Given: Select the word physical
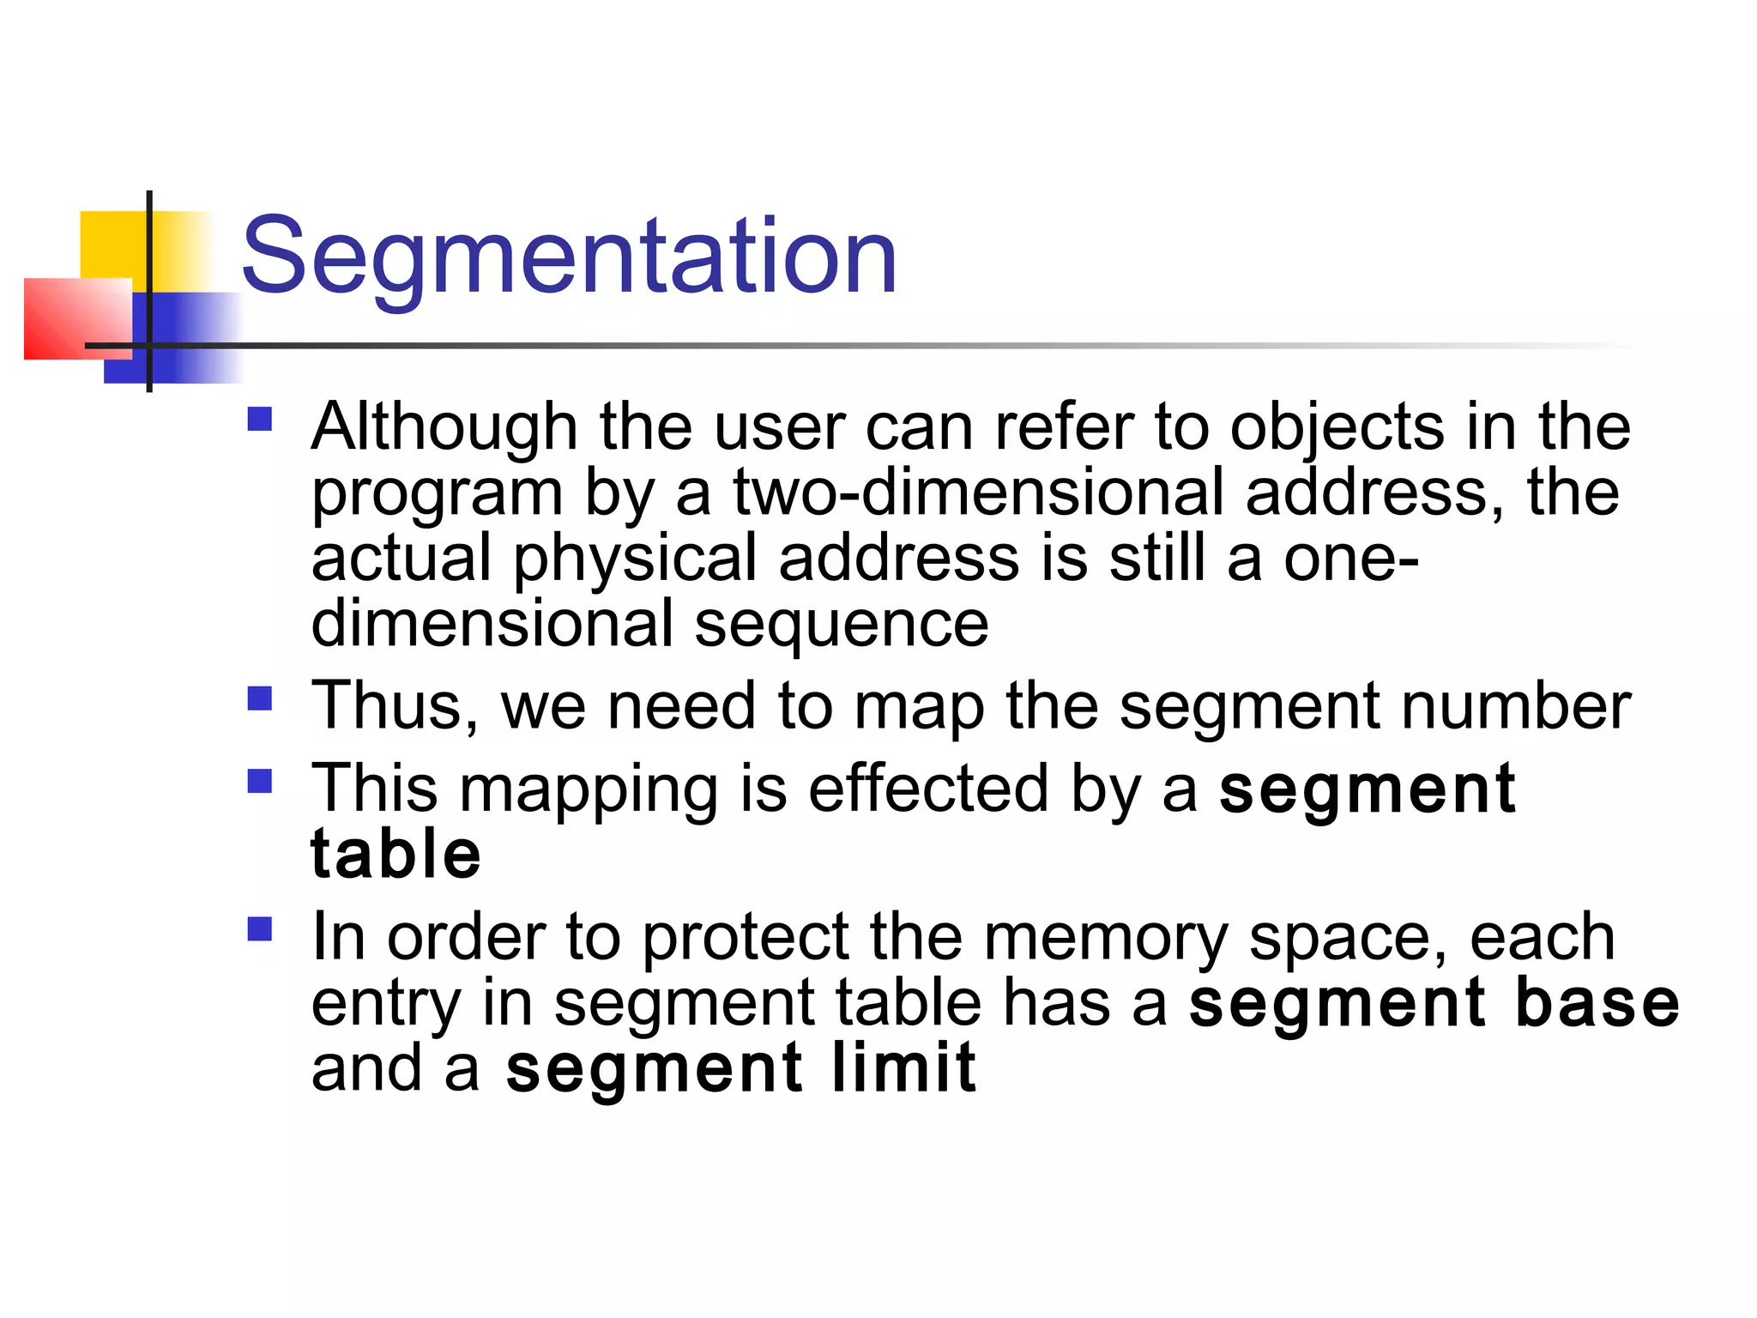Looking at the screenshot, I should tap(635, 559).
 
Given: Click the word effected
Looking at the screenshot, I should tap(928, 789).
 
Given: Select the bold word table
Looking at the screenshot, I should tap(395, 855).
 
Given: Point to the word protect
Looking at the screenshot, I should tap(746, 937).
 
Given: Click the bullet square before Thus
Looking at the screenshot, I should tap(259, 698).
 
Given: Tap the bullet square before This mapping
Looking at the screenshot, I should tap(259, 781).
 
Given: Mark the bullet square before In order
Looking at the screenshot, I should tap(259, 929).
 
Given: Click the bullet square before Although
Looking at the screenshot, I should tap(259, 419).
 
